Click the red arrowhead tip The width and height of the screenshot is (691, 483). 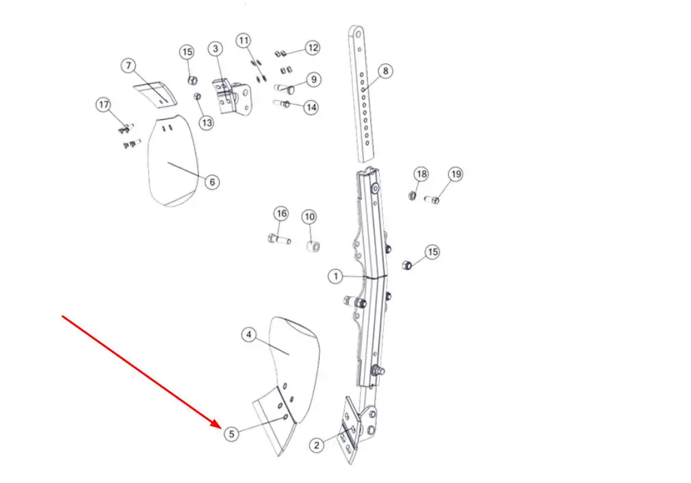click(221, 428)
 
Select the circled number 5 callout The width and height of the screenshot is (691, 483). click(231, 434)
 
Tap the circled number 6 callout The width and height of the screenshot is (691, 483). click(212, 182)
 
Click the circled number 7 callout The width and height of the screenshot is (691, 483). click(128, 66)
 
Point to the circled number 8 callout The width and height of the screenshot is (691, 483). click(386, 71)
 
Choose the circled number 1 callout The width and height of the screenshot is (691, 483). click(336, 276)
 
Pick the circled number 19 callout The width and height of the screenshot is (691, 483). click(456, 174)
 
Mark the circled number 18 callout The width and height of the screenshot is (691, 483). click(421, 174)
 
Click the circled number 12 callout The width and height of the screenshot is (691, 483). click(313, 48)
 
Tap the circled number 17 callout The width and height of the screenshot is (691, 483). click(103, 105)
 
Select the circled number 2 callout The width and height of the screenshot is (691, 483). click(316, 445)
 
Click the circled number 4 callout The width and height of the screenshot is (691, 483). click(249, 334)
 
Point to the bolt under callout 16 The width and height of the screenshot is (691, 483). click(279, 240)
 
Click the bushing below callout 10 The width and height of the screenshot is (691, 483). click(313, 246)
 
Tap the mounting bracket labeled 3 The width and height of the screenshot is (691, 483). click(232, 97)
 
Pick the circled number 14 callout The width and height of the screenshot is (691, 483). click(311, 108)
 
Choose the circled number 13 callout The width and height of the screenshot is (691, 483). click(207, 123)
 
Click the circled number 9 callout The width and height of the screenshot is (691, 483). click(313, 79)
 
